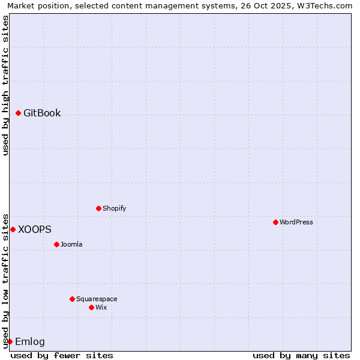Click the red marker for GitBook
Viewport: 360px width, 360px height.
(19, 113)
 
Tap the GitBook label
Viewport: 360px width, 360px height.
(42, 113)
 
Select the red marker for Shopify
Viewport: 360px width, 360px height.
(99, 208)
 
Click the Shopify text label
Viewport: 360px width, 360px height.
(114, 208)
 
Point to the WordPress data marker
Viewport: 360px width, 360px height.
(276, 222)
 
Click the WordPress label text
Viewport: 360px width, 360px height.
(296, 222)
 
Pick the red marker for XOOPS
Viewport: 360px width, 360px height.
(13, 229)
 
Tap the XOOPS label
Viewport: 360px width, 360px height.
(35, 229)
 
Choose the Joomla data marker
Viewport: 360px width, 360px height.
(57, 244)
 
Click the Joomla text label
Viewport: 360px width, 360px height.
(71, 244)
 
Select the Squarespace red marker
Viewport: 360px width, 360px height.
(73, 299)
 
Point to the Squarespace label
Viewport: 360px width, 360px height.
(97, 299)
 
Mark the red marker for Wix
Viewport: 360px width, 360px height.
(92, 307)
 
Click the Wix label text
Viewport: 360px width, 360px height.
(101, 307)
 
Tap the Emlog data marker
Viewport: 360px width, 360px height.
(10, 341)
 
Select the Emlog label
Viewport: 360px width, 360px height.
(30, 341)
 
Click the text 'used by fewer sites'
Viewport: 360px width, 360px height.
(62, 355)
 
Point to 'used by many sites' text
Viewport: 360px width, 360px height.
(301, 355)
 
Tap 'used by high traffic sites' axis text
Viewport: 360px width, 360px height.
(6, 85)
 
